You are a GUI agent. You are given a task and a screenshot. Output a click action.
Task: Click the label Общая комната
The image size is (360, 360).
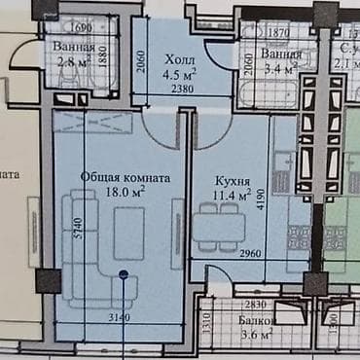coord(126,178)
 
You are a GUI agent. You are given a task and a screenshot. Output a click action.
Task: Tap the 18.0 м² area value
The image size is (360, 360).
coord(126,192)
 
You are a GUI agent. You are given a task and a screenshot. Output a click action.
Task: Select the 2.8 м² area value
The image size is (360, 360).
coord(61,60)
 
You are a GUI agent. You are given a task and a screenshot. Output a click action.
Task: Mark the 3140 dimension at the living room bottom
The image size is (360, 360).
coord(118,317)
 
